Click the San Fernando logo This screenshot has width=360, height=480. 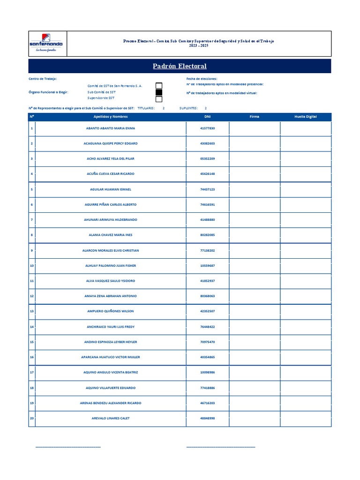click(47, 44)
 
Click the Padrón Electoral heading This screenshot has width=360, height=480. click(180, 66)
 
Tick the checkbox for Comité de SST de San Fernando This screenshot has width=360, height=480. click(159, 85)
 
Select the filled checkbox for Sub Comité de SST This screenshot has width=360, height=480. click(159, 92)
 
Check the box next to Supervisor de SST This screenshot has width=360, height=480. click(159, 99)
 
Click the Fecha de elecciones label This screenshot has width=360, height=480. click(202, 79)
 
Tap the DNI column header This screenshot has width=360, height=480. click(208, 116)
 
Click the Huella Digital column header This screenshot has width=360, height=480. click(306, 116)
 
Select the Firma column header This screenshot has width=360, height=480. click(255, 116)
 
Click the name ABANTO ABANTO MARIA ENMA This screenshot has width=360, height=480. click(111, 128)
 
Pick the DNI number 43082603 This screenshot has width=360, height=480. click(208, 143)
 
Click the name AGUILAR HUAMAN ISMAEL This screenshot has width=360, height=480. click(111, 189)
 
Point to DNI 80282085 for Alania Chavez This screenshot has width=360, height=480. click(208, 235)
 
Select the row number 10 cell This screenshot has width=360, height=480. click(32, 265)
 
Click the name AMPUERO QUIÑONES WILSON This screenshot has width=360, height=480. click(111, 311)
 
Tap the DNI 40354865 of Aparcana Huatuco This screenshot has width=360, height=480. click(208, 357)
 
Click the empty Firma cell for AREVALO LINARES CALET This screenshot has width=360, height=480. click(255, 418)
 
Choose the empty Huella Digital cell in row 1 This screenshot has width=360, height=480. click(306, 128)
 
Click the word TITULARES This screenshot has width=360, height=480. click(146, 108)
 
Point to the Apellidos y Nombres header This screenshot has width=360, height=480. click(111, 116)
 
